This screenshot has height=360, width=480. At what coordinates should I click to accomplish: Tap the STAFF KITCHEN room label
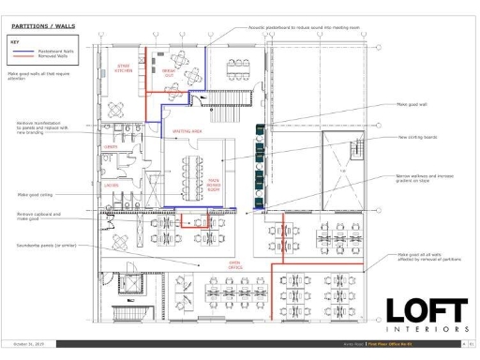pos(123,68)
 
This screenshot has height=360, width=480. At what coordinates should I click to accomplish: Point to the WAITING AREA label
pos(187,131)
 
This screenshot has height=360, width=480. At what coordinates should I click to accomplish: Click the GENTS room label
pos(110,147)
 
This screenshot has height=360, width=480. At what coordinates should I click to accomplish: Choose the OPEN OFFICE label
pos(234,265)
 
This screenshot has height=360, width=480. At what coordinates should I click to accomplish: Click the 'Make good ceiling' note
pos(36,195)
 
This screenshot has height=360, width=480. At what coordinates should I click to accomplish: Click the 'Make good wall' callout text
pos(409,105)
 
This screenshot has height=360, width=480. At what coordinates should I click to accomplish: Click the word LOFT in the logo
pos(427,309)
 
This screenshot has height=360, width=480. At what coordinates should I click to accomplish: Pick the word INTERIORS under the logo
pos(427,331)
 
